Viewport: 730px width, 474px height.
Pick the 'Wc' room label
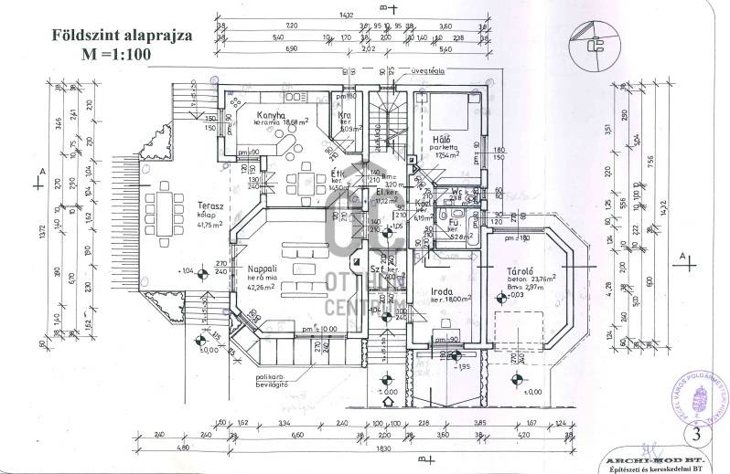coord(456,191)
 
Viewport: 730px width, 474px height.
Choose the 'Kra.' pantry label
coord(344,116)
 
